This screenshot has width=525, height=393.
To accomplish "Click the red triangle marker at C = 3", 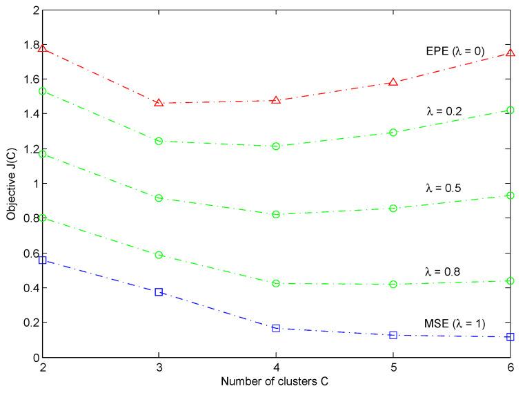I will click(159, 103).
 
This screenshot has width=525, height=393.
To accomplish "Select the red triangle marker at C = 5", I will click(393, 82).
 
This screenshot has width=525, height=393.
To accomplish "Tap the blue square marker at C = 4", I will click(276, 328).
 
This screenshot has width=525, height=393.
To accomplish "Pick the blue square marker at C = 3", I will click(159, 292).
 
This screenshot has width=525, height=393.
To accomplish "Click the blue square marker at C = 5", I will click(393, 335).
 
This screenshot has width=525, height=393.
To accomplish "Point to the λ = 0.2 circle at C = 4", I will click(276, 146).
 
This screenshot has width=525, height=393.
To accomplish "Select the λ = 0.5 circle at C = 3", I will click(159, 198).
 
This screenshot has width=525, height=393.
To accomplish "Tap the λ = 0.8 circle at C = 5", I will click(393, 284).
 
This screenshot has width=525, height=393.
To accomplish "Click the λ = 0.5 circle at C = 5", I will click(393, 208).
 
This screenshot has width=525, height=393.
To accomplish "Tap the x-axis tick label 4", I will click(276, 367).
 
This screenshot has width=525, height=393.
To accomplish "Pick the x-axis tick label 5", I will click(393, 367).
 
